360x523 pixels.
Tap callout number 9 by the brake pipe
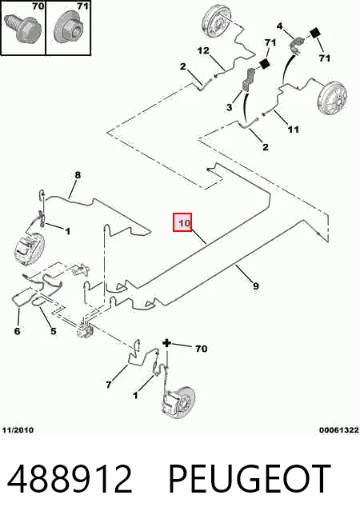click(255, 285)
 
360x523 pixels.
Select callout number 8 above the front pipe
click(78, 175)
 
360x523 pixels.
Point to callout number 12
click(203, 50)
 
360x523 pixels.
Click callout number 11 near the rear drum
click(294, 129)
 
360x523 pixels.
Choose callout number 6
click(18, 331)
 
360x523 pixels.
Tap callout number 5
click(53, 331)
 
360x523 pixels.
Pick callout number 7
click(109, 385)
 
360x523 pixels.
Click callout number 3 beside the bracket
click(229, 107)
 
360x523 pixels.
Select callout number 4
click(279, 26)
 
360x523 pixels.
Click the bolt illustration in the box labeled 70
click(22, 28)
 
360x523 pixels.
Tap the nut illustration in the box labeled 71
click(70, 29)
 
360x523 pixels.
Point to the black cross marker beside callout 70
click(166, 343)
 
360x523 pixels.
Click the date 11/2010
click(18, 430)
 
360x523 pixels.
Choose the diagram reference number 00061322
click(339, 430)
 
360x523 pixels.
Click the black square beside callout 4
click(315, 34)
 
